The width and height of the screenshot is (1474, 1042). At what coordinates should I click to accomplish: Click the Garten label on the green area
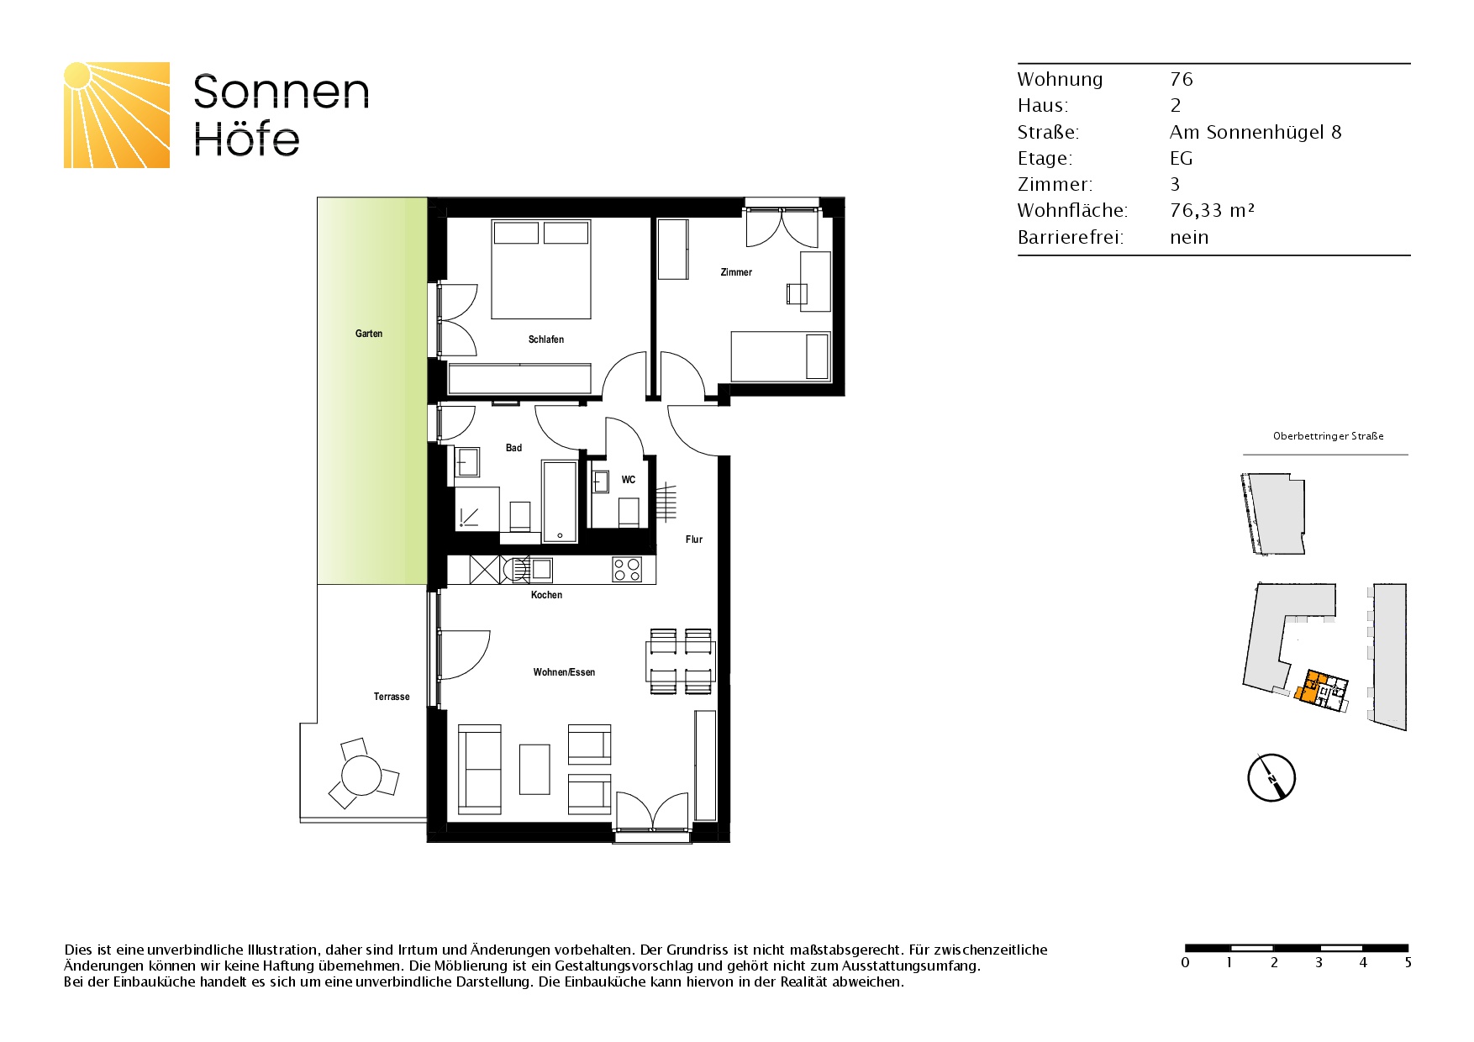[x=369, y=334]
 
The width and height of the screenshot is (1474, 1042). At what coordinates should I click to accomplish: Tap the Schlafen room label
[x=546, y=339]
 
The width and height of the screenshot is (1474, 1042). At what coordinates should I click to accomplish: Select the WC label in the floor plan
[x=629, y=480]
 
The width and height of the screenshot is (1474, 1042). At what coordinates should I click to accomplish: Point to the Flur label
[x=694, y=539]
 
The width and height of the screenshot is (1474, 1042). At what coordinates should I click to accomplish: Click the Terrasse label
[x=392, y=697]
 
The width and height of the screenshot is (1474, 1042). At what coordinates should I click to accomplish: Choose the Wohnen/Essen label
[x=564, y=672]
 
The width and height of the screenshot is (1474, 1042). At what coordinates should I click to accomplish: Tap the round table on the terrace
[x=361, y=776]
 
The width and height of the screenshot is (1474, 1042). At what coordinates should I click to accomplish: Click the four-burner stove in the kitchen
[x=627, y=570]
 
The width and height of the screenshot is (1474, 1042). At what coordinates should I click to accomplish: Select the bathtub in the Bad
[x=560, y=501]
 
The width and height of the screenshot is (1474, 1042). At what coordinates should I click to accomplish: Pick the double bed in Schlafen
[x=541, y=270]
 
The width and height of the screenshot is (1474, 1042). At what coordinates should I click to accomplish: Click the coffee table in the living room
[x=534, y=769]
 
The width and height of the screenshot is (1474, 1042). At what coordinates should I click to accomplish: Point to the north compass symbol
[x=1271, y=777]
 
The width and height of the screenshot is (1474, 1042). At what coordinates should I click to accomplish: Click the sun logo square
[x=117, y=115]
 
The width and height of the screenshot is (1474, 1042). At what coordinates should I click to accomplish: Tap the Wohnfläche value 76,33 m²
[x=1212, y=211]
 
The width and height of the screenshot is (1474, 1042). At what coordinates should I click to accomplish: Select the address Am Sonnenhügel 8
[x=1256, y=132]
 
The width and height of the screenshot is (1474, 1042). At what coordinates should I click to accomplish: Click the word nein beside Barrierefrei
[x=1189, y=237]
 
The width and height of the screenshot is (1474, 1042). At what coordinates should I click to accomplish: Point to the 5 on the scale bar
[x=1408, y=963]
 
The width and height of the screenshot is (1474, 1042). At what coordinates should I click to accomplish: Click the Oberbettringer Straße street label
[x=1329, y=436]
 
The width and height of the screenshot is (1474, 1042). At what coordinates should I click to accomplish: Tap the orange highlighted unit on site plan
[x=1312, y=686]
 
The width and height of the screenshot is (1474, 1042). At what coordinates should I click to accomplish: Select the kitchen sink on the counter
[x=541, y=569]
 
